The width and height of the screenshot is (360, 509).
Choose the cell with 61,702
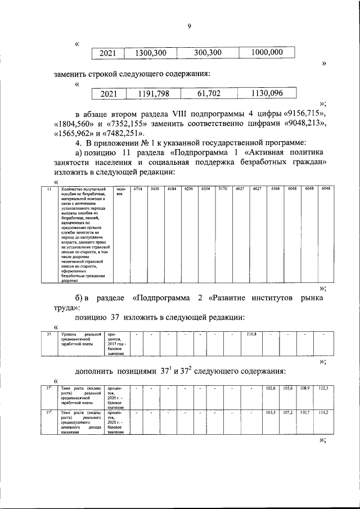pyautogui.click(x=207, y=93)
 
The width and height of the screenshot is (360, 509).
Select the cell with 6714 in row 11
pyautogui.click(x=136, y=190)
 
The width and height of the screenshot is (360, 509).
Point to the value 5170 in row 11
pyautogui.click(x=222, y=190)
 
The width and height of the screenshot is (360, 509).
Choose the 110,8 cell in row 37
pyautogui.click(x=251, y=335)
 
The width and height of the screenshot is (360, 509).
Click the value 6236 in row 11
pyautogui.click(x=189, y=190)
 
